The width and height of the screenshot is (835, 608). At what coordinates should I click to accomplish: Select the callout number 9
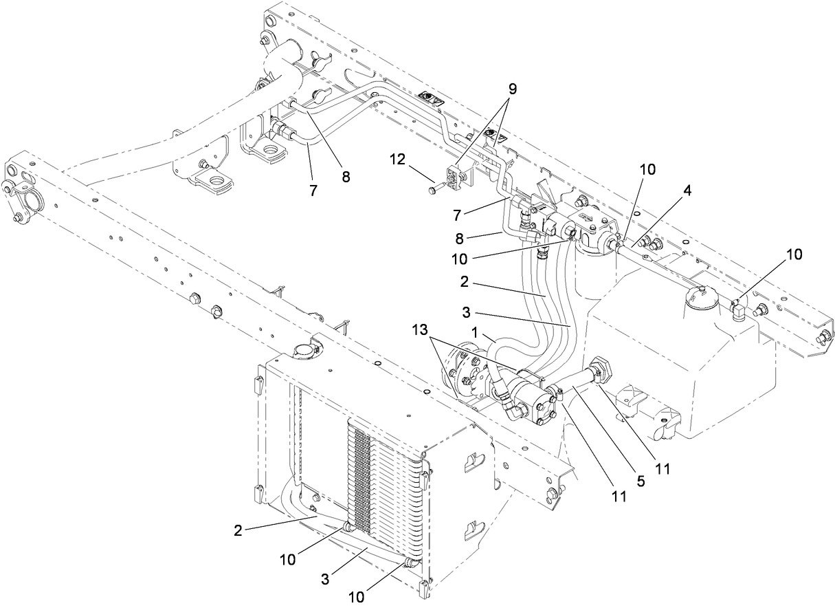[x=512, y=90]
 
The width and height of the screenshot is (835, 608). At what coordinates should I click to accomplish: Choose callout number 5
[x=641, y=481]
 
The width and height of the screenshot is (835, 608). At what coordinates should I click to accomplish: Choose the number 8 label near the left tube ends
[x=346, y=176]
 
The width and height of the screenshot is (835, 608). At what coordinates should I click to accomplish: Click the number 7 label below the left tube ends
[x=313, y=191]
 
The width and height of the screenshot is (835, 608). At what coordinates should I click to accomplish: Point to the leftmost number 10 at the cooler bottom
[x=288, y=559]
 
